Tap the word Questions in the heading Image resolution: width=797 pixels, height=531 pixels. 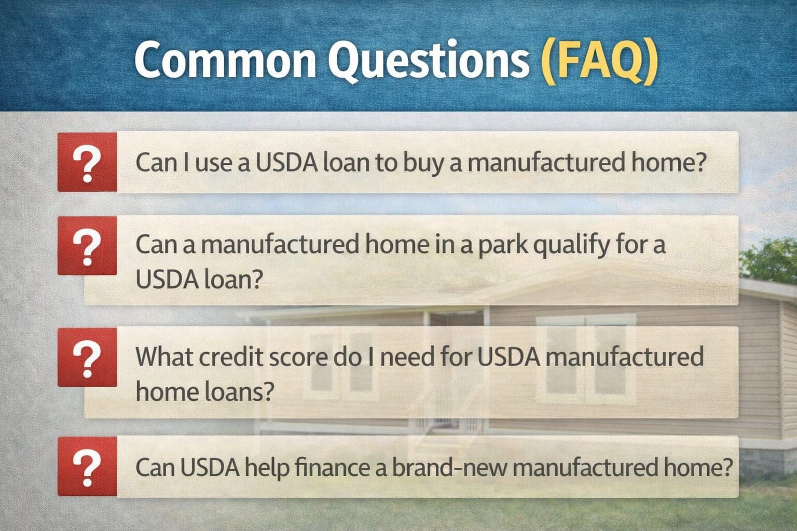pos(428,61)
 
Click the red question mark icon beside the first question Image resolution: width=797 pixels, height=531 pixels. pos(87,162)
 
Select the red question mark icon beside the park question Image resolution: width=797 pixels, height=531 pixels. pos(87,245)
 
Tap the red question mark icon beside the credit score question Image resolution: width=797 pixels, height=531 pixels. pos(87,357)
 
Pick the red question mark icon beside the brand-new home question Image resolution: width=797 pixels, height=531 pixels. pos(87,467)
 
